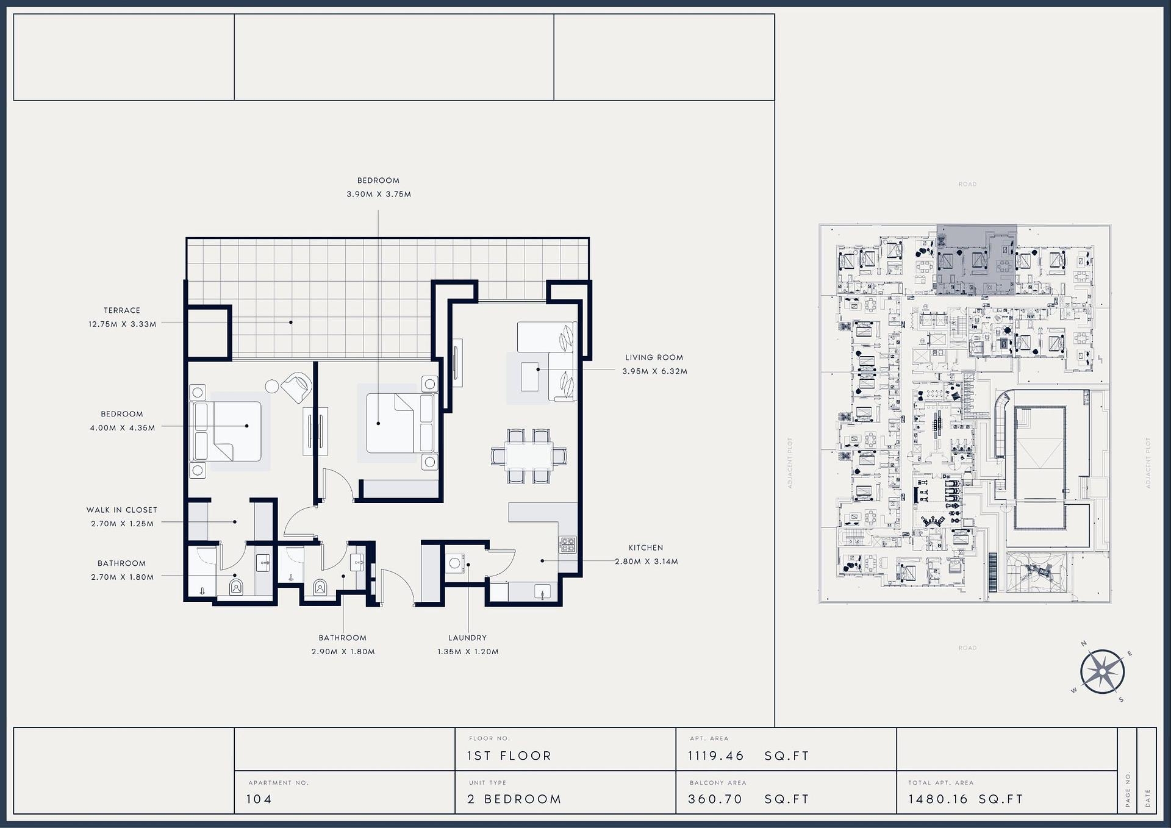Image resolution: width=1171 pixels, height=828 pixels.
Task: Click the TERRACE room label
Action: point(121,310)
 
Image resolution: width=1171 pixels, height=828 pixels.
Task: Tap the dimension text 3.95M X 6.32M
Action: point(654,371)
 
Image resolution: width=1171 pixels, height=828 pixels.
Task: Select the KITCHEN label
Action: point(646,548)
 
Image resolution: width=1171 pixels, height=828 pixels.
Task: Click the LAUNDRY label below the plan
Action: point(467,638)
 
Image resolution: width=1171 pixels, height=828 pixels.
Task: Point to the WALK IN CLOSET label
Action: point(121,510)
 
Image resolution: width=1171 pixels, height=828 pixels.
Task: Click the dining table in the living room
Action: point(529,456)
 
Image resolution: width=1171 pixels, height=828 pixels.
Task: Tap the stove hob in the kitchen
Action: point(567,544)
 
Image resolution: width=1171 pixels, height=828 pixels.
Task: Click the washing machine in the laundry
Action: point(454,563)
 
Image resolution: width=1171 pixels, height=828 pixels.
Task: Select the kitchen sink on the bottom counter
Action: point(542,591)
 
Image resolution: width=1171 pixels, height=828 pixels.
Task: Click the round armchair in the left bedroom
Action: point(296,387)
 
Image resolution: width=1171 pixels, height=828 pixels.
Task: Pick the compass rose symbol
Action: point(1102,672)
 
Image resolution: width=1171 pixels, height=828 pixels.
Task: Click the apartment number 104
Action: point(259,799)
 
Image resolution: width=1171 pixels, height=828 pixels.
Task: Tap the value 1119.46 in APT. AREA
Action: point(716,756)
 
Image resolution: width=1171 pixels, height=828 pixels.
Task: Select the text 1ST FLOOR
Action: point(509,756)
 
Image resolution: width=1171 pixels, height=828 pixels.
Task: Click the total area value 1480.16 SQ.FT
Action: point(965,799)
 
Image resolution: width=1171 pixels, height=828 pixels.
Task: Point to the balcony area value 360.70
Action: point(715,799)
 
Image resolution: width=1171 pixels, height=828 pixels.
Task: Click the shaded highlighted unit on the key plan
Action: point(976,260)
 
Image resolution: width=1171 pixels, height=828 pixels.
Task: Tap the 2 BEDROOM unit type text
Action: point(514,799)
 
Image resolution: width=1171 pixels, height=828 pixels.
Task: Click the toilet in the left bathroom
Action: point(236,587)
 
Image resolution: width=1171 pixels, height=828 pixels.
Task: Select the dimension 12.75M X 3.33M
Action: point(122,324)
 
